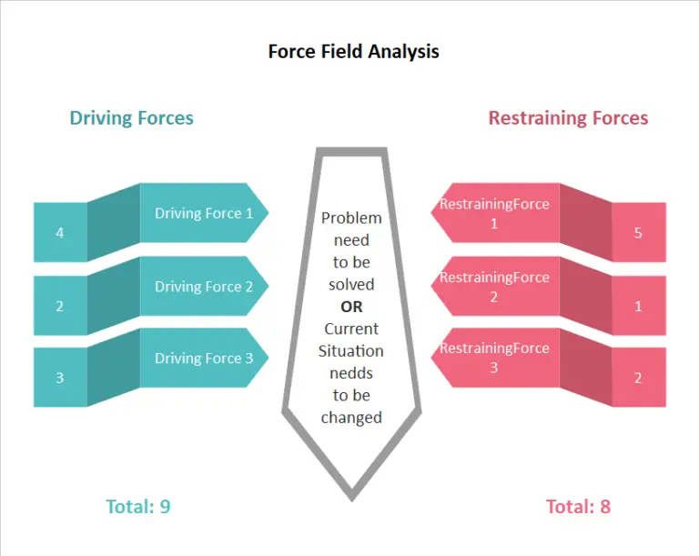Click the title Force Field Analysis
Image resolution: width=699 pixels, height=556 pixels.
click(353, 51)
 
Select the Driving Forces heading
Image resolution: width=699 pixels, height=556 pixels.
click(131, 117)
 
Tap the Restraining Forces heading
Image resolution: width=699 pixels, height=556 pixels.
click(568, 117)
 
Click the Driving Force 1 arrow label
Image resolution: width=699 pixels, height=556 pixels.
click(204, 214)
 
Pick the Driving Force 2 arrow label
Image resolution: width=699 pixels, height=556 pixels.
click(204, 287)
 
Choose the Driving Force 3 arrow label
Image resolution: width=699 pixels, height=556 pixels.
click(204, 358)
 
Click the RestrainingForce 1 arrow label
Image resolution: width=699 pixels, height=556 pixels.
click(494, 213)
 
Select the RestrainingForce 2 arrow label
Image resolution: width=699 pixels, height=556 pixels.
click(494, 287)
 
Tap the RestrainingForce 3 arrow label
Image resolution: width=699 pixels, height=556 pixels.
click(494, 358)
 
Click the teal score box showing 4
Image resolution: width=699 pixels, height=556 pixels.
click(60, 233)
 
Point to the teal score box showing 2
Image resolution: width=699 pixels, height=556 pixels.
click(60, 306)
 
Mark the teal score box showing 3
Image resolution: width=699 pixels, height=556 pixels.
click(60, 378)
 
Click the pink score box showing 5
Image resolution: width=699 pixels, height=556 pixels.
click(638, 233)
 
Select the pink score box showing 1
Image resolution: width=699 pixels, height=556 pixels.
click(638, 306)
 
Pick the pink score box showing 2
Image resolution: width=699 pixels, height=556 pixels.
click(638, 378)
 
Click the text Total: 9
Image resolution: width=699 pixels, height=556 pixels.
click(137, 507)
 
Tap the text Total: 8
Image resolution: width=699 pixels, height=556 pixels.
click(578, 507)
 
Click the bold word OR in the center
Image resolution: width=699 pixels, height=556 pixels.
click(351, 307)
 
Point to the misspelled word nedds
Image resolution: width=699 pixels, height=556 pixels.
click(351, 373)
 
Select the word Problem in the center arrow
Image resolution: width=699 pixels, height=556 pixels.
click(351, 218)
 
